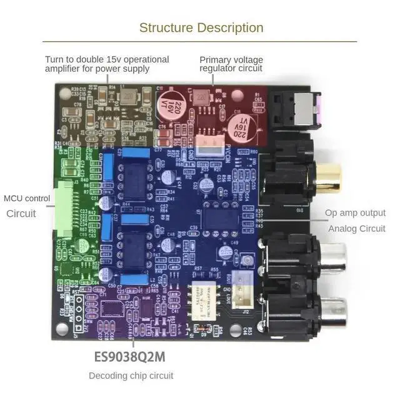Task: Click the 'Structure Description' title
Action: [x=201, y=27]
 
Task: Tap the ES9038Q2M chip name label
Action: [x=129, y=357]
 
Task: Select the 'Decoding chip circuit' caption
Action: [x=131, y=376]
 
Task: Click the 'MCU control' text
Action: [x=27, y=199]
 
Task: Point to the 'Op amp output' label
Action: [x=355, y=213]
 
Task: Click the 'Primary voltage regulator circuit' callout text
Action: [x=231, y=64]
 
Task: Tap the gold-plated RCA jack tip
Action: [x=329, y=177]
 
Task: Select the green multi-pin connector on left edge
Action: [x=64, y=207]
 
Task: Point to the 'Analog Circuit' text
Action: [x=356, y=229]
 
